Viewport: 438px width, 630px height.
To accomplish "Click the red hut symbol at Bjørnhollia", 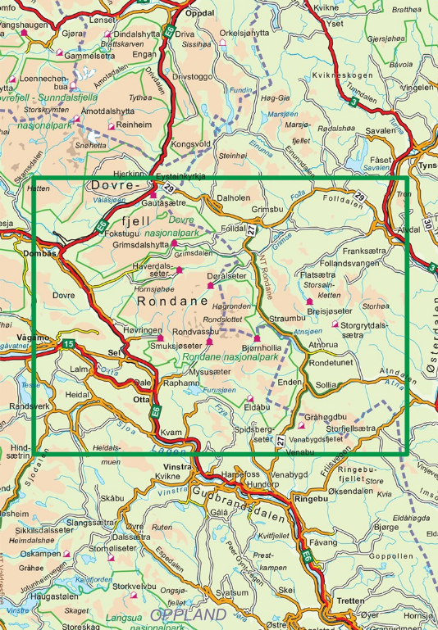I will pos(257,339).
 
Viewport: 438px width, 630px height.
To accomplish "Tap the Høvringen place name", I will pos(139,329).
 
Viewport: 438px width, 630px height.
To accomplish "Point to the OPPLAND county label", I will pos(190,614).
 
